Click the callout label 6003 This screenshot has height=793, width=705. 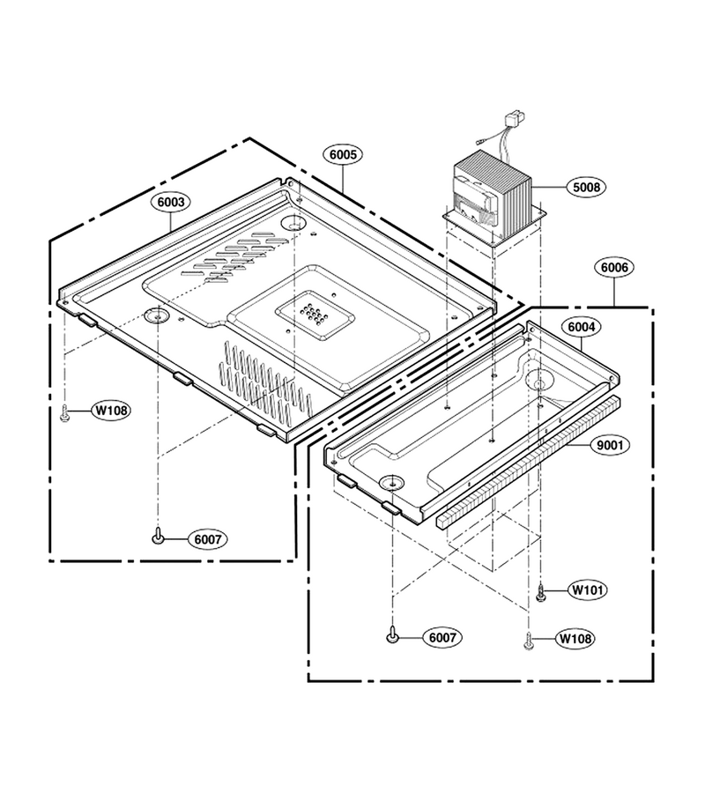click(170, 203)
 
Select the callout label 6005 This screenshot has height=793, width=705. click(343, 155)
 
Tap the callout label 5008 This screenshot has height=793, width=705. click(586, 187)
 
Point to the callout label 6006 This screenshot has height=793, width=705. click(614, 267)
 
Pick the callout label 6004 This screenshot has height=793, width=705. click(581, 327)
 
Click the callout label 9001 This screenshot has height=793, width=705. click(610, 446)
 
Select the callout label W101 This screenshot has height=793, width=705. click(587, 589)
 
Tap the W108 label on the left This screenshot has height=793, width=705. click(111, 410)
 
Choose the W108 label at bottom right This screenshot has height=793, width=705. click(575, 639)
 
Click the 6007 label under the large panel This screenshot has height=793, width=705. click(208, 539)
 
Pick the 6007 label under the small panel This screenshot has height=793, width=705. click(442, 638)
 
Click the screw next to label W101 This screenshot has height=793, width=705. click(540, 593)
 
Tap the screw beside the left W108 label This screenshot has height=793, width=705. click(64, 413)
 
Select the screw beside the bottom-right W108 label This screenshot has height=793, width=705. click(529, 641)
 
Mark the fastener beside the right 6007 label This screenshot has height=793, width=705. click(392, 634)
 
